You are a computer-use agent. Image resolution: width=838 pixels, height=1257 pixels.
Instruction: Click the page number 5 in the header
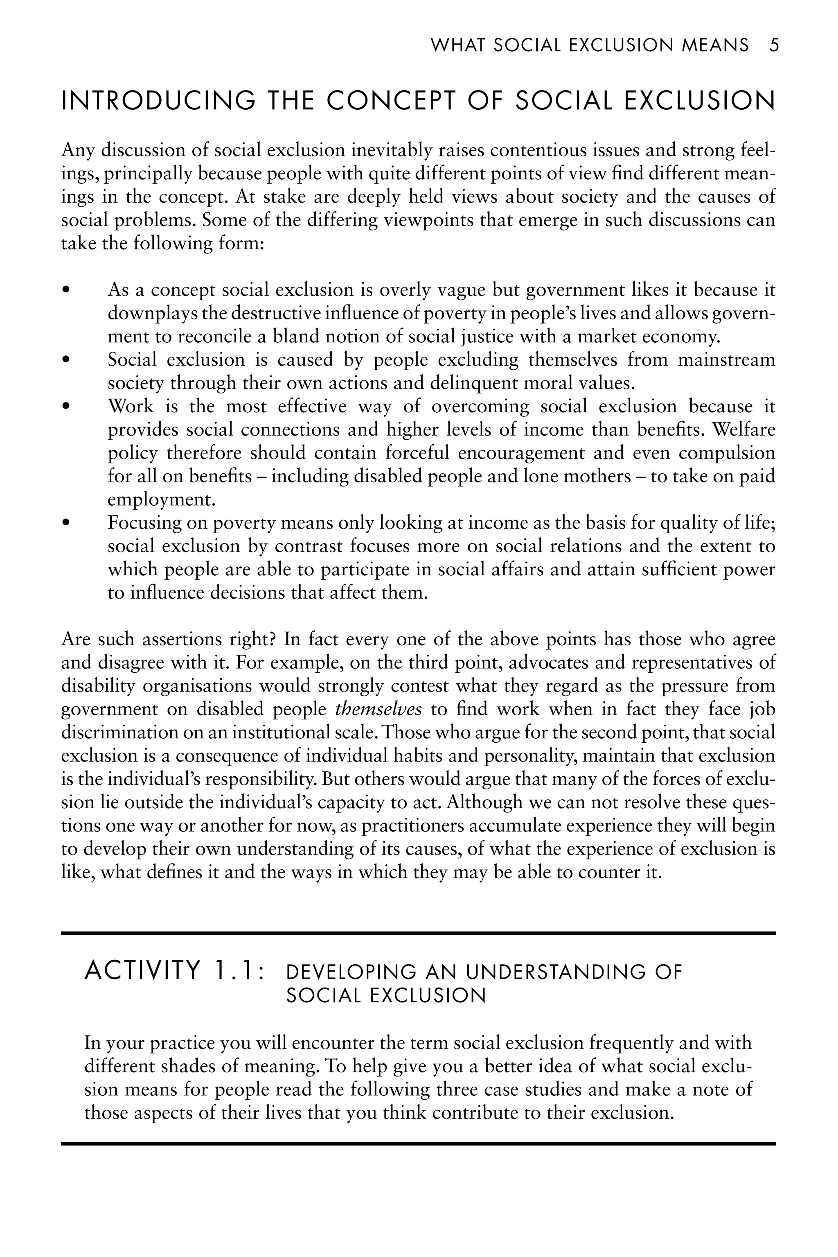click(774, 45)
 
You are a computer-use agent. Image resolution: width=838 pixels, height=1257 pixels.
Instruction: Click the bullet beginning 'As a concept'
click(66, 290)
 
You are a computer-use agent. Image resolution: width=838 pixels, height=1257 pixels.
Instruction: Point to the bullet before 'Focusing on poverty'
click(66, 523)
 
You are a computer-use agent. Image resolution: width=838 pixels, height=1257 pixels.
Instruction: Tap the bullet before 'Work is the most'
click(66, 407)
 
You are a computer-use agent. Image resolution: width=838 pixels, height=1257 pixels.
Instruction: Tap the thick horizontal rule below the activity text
click(418, 1144)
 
